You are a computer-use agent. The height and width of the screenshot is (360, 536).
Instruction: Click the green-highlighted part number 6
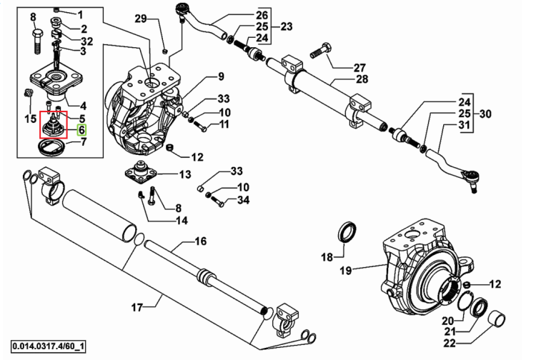click(81, 130)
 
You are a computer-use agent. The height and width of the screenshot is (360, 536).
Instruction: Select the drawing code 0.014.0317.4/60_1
click(48, 347)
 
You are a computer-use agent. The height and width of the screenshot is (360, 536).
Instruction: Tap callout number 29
click(140, 19)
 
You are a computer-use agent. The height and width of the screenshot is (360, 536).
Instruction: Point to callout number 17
click(137, 307)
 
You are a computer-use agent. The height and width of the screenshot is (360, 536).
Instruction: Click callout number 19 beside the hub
click(346, 271)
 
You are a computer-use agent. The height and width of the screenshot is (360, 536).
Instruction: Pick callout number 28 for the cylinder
click(362, 79)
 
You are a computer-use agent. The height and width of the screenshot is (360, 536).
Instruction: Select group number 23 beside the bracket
click(287, 26)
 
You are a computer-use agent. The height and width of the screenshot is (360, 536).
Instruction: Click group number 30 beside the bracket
click(485, 114)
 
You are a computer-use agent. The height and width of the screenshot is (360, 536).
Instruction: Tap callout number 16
click(201, 241)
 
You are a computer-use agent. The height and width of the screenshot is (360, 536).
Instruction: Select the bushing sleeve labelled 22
click(496, 320)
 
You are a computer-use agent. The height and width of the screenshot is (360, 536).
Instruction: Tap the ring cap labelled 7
click(51, 148)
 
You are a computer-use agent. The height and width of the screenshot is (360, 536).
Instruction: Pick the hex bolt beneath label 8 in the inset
click(37, 41)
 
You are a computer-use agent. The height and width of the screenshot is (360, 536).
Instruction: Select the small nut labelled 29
click(164, 51)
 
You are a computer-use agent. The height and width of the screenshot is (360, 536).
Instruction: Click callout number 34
click(243, 200)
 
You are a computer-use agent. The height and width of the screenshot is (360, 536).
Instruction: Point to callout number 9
click(221, 76)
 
